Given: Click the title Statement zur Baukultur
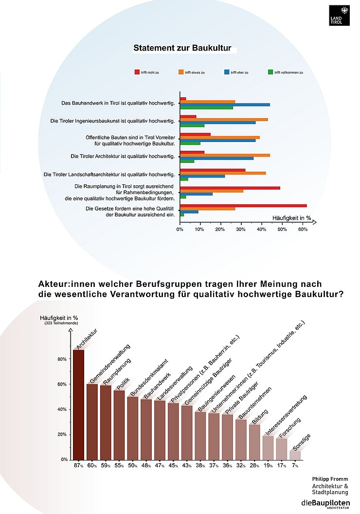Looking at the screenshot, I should click(x=182, y=49).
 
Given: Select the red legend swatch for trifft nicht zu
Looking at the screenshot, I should click(x=138, y=72).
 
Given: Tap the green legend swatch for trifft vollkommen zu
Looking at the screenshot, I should click(x=270, y=72).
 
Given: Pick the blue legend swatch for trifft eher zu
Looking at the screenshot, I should click(x=227, y=72).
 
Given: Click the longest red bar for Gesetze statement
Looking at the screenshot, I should click(x=243, y=206).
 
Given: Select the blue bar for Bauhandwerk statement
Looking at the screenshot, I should click(x=225, y=105).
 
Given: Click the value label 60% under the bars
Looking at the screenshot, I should click(x=92, y=466).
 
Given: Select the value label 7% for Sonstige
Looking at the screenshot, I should click(x=295, y=466).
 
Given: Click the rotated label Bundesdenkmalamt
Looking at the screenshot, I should click(x=146, y=377).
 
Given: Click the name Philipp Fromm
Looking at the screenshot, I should click(x=330, y=479).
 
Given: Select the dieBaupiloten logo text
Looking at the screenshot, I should click(x=325, y=501).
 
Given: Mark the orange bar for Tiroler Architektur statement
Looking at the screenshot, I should click(x=225, y=155).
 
